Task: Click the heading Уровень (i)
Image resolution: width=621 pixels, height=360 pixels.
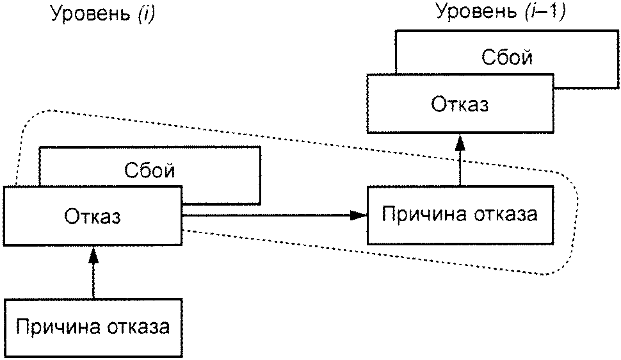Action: pyautogui.click(x=102, y=14)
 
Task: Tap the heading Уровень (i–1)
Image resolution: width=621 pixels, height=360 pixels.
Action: pyautogui.click(x=501, y=12)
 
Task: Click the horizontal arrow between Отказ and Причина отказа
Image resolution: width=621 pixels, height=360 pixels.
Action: pyautogui.click(x=275, y=215)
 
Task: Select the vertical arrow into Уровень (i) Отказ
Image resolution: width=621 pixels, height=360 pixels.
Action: pyautogui.click(x=93, y=272)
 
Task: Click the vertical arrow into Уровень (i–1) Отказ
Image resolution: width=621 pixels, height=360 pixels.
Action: pyautogui.click(x=460, y=160)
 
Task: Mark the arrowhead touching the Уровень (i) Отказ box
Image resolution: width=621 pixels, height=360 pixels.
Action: pyautogui.click(x=93, y=254)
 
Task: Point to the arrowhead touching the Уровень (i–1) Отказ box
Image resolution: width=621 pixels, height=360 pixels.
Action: pyautogui.click(x=460, y=142)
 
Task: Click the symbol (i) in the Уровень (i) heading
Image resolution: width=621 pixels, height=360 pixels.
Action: pyautogui.click(x=147, y=14)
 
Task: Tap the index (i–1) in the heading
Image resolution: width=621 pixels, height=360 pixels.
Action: pyautogui.click(x=545, y=12)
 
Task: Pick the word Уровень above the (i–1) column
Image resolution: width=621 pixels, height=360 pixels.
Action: pyautogui.click(x=476, y=12)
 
